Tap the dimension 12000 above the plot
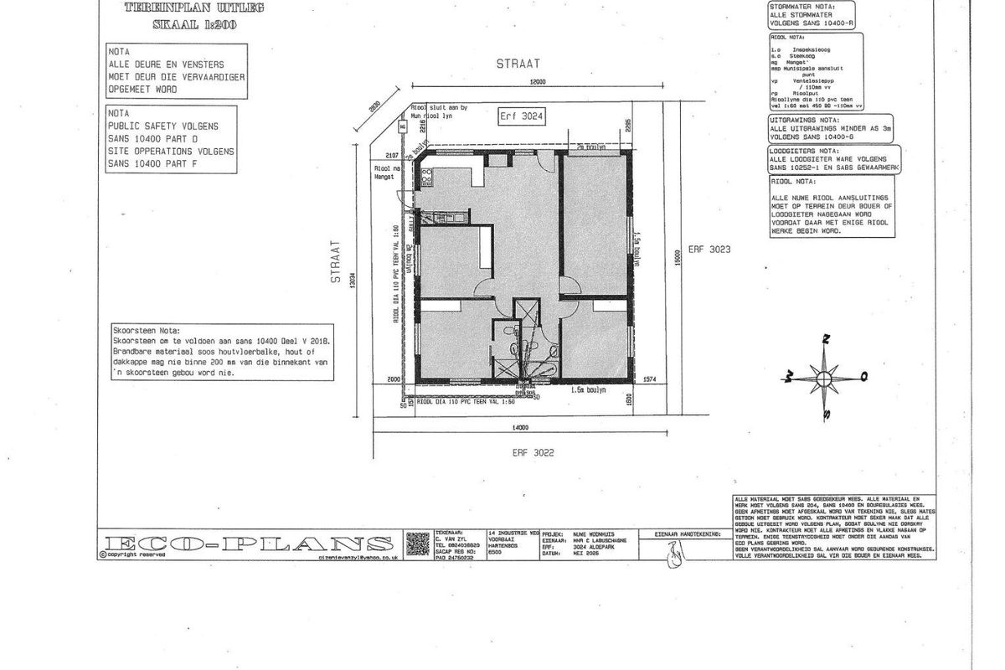coord(537,82)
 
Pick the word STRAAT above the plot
coord(518,63)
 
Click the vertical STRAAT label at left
coord(336,263)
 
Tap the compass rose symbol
coord(825,378)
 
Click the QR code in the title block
coord(417,544)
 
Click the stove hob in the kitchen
coord(425,178)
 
